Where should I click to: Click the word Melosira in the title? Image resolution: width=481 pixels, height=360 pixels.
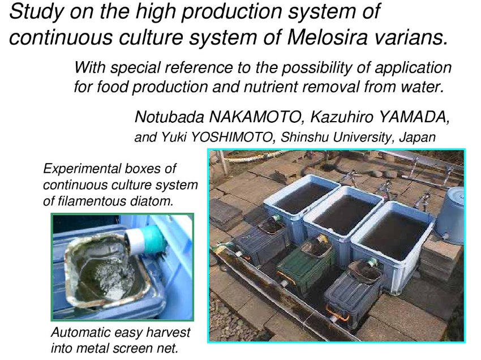coord(327,37)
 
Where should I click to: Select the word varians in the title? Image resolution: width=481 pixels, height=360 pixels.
coord(411,37)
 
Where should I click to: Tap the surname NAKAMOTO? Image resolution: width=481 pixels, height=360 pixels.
coord(255,117)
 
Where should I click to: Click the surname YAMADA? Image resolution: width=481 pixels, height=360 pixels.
coord(414,117)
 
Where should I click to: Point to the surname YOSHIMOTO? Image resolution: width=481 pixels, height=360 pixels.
coord(231,137)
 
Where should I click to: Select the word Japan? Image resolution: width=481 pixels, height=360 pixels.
coord(417,137)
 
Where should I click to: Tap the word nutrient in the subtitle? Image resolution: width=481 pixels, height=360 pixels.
coord(271,87)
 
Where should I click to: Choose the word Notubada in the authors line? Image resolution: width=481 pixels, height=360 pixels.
coord(169,117)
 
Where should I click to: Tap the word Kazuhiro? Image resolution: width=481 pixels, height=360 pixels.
coord(342,117)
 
